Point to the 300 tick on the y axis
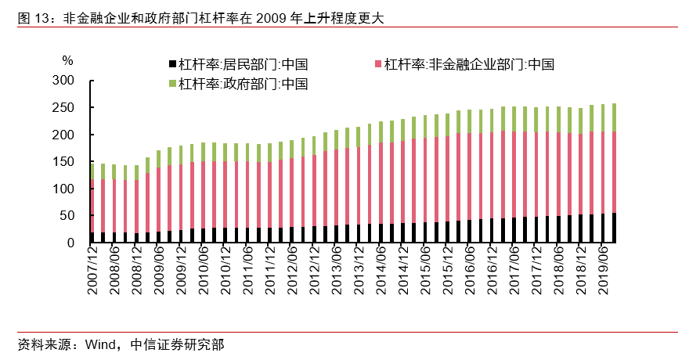pos(63,81)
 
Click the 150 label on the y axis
pos(63,162)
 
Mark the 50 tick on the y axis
pos(67,216)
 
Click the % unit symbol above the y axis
pos(67,60)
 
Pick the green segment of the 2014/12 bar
pos(402,130)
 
